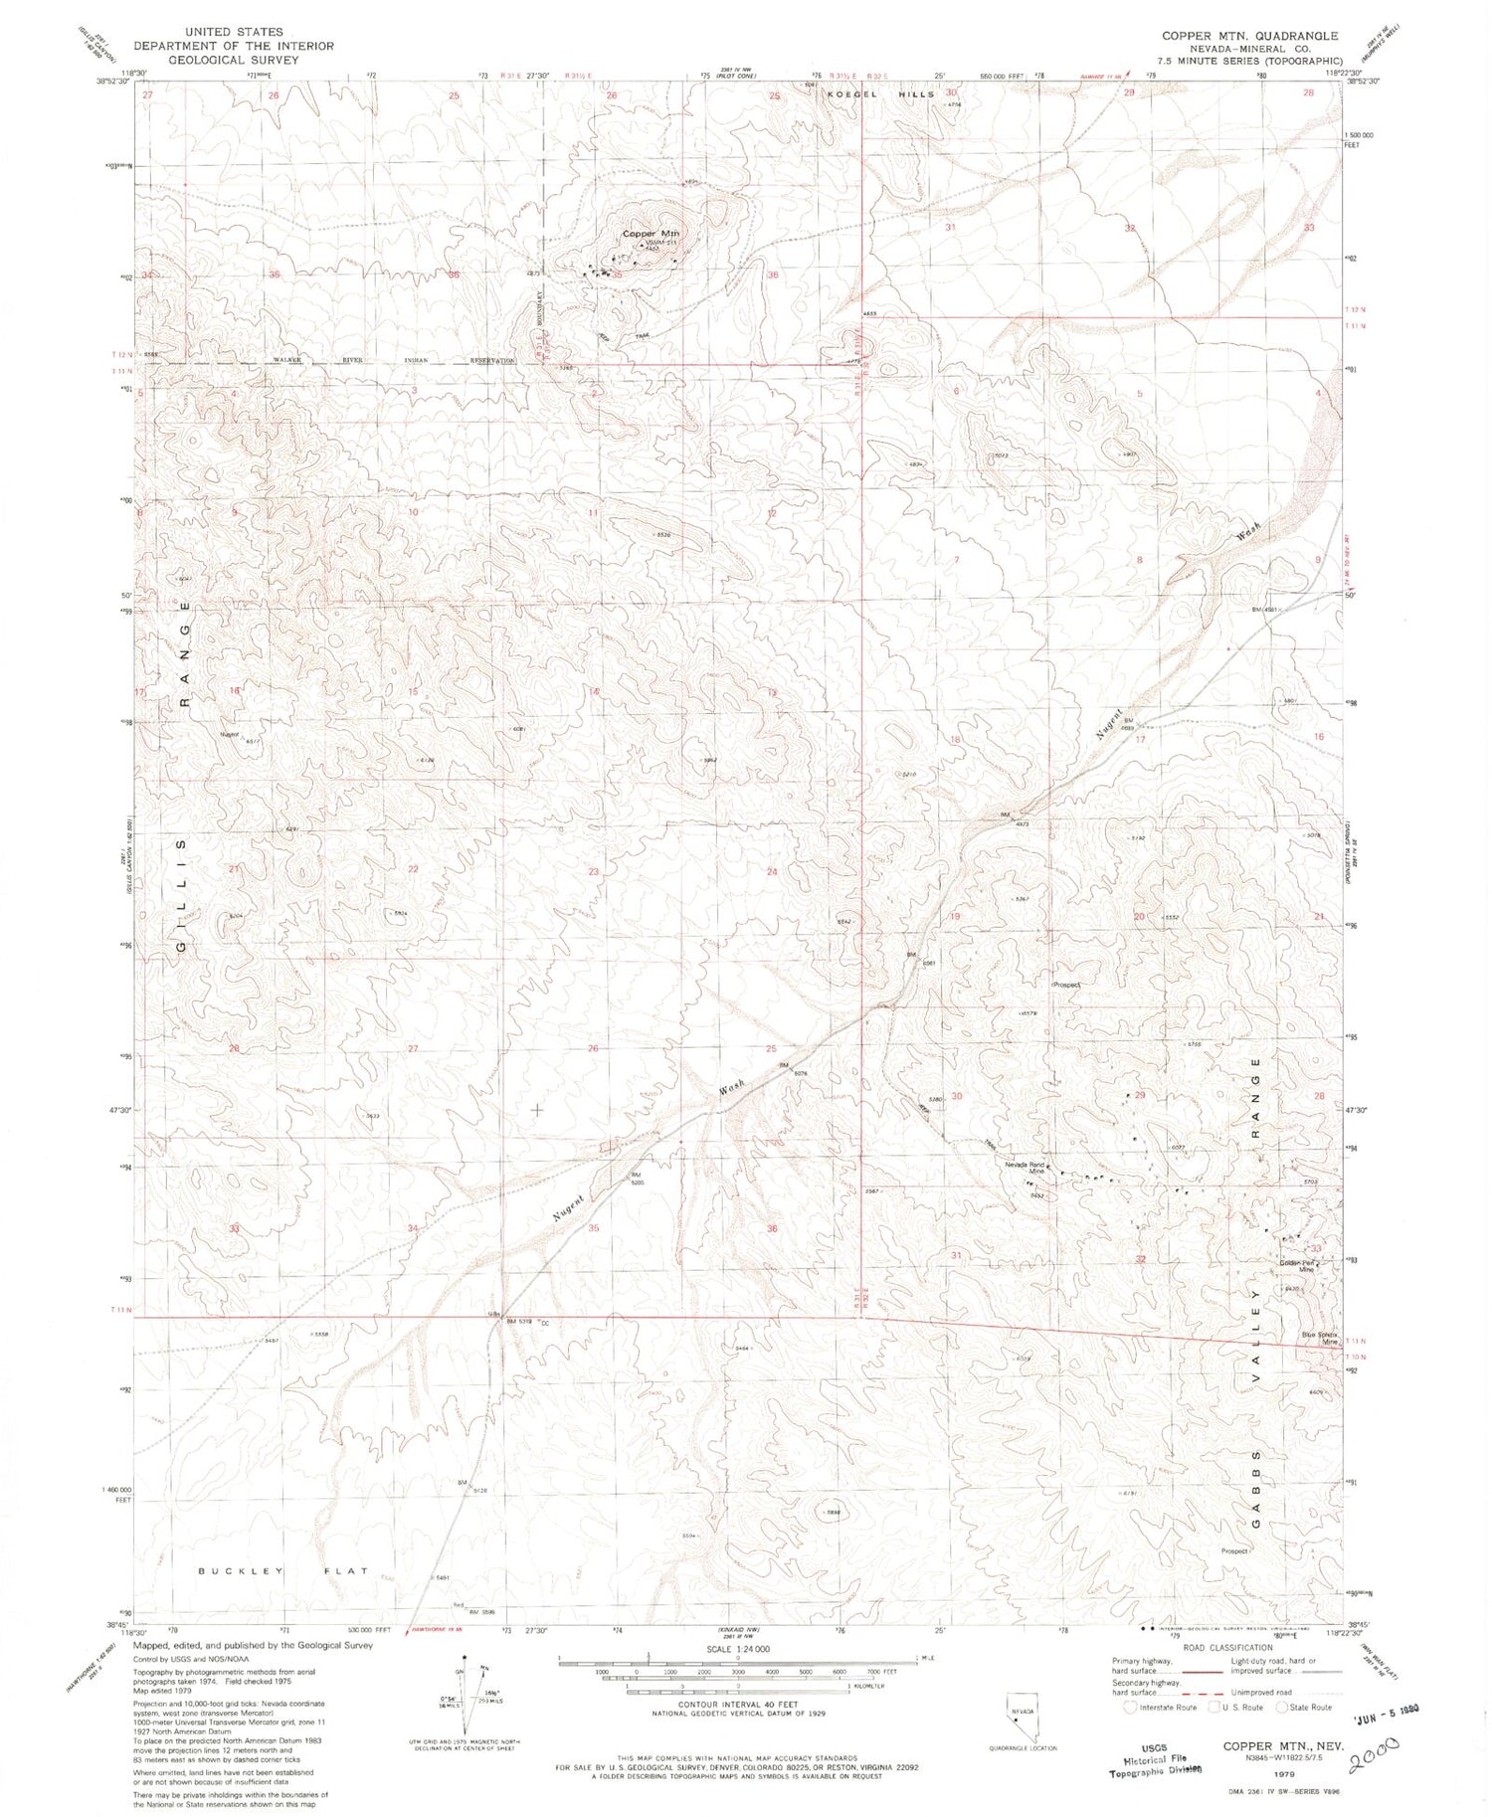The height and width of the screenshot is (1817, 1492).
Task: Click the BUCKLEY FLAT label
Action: tap(283, 1571)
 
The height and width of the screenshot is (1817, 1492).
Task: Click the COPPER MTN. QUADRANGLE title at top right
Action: tap(1250, 36)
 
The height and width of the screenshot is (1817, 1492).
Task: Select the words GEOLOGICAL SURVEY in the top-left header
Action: tap(234, 60)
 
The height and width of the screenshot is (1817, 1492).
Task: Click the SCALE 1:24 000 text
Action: tap(737, 1649)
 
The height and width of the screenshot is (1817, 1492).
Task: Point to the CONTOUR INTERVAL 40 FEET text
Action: tap(737, 1704)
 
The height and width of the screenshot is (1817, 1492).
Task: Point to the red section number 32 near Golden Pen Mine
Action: tap(1140, 1259)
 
